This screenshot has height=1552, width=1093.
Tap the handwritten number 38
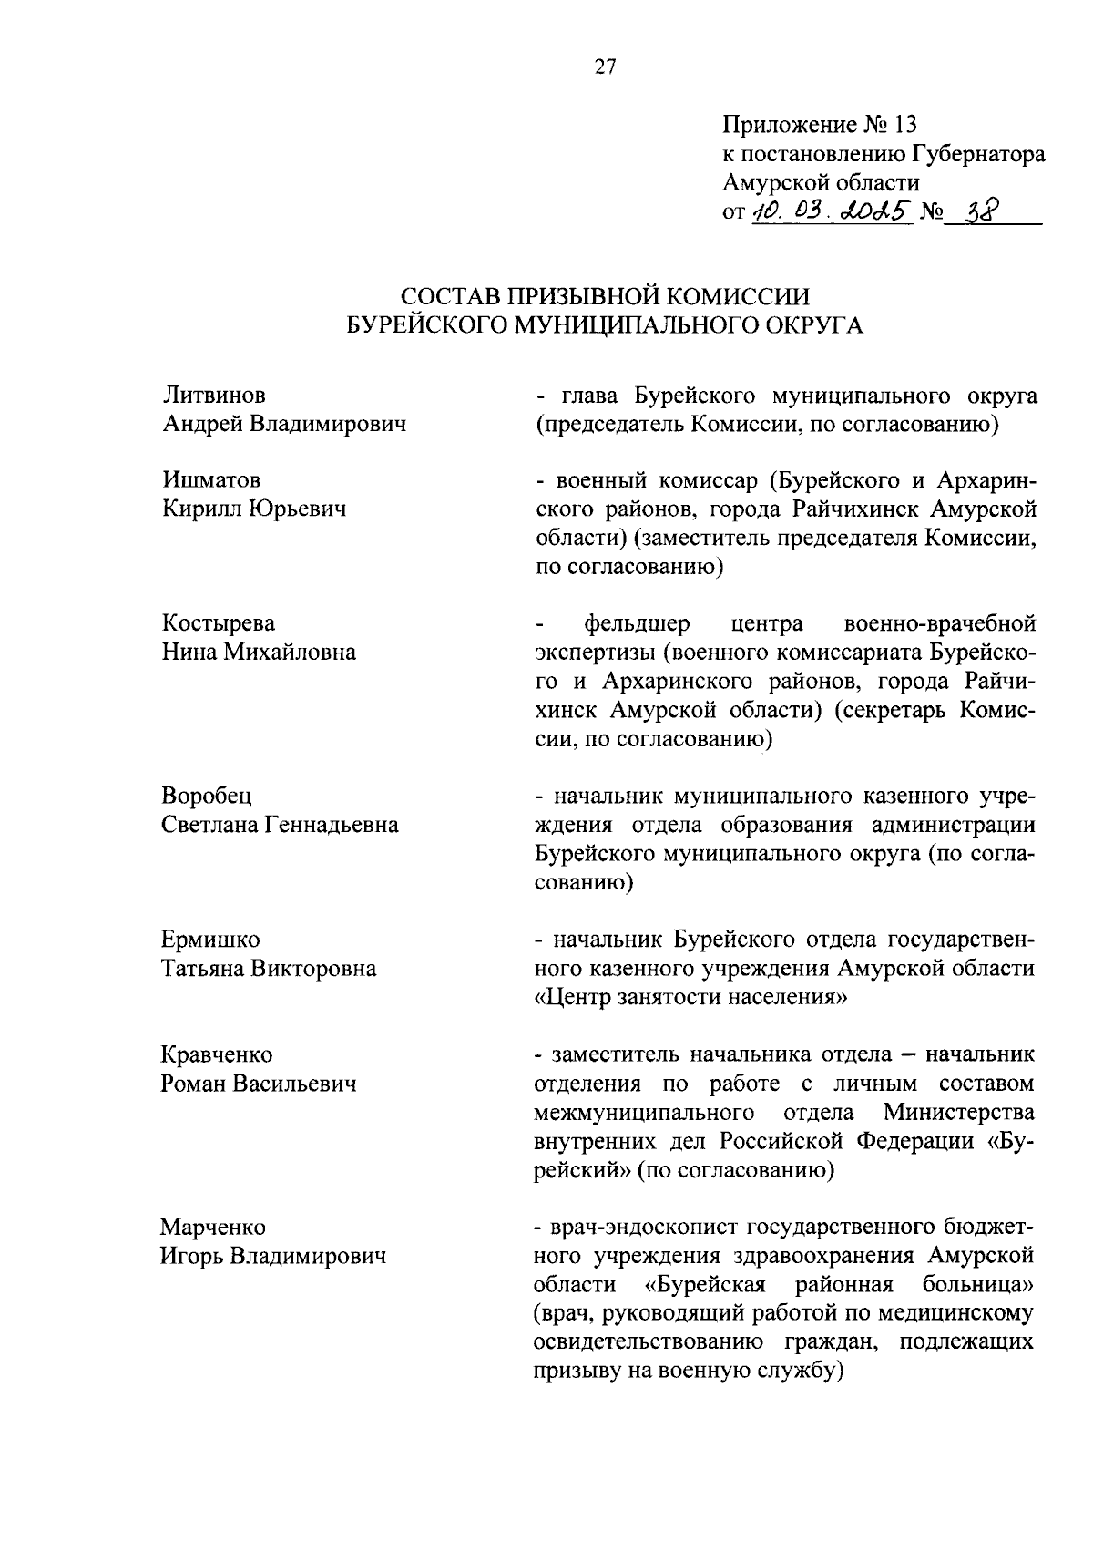(x=980, y=211)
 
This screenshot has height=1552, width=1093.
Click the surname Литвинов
(x=214, y=396)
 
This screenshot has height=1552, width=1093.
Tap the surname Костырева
(x=219, y=623)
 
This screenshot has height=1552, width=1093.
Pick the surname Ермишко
(x=210, y=940)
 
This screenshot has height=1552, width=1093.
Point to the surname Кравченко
(x=217, y=1055)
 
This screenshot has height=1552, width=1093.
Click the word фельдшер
(x=638, y=624)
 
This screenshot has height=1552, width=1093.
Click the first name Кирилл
(x=199, y=509)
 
